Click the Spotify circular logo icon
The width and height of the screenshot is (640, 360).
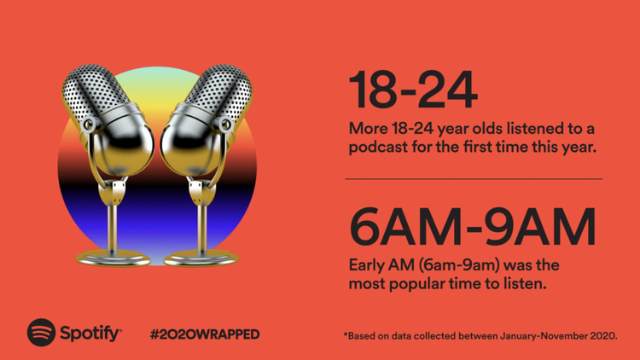[x=41, y=332]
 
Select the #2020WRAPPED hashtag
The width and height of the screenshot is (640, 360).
[x=205, y=334]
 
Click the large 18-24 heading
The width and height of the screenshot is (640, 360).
[x=413, y=90]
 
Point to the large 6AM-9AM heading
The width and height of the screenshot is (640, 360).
[x=473, y=227]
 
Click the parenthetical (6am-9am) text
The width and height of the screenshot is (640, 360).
[x=459, y=265]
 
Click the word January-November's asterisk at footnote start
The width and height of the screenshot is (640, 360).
[x=346, y=334]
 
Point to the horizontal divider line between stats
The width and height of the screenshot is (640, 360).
[x=474, y=179]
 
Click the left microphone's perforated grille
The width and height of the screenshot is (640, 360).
[x=92, y=92]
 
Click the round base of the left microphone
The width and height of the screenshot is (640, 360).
[x=113, y=258]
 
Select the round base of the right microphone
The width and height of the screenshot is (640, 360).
[x=201, y=258]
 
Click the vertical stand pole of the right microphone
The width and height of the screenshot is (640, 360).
[x=201, y=228]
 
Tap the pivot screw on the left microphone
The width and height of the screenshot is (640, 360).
[x=88, y=124]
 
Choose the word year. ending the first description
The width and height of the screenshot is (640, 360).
[x=579, y=148]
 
